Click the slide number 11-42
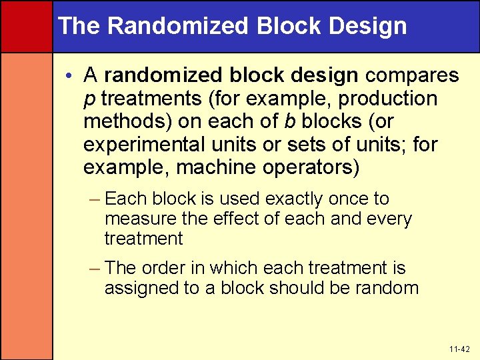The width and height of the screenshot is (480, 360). pos(459,348)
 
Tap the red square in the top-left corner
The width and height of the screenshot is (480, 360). pos(26,26)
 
